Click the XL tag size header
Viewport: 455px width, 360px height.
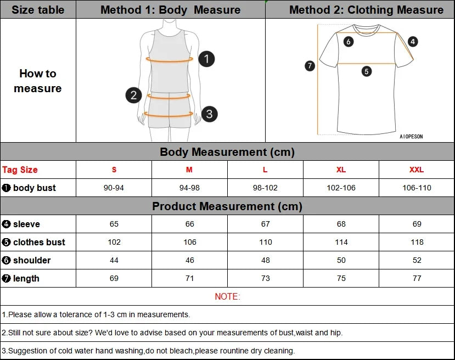pos(341,170)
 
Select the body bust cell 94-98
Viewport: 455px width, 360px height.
pos(189,188)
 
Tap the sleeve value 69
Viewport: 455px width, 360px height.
pos(417,224)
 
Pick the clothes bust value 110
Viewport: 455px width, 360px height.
pos(265,242)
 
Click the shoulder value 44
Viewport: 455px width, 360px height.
pos(114,260)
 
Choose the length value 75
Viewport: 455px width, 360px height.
pos(341,278)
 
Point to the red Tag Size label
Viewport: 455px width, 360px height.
pos(20,170)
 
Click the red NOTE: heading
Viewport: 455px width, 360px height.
pos(227,297)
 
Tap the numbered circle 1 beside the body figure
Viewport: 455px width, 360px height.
pos(206,59)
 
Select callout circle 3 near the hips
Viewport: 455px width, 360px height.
pos(209,114)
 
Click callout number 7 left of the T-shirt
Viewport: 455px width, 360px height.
pos(310,66)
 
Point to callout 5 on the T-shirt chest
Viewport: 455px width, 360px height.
pos(367,71)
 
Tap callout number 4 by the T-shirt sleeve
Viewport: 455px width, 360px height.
pos(413,41)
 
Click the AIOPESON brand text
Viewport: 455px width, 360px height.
pos(411,137)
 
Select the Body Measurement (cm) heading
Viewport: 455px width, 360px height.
pos(227,152)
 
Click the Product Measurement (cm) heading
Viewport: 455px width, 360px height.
pos(227,206)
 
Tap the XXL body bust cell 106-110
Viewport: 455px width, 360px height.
pos(417,188)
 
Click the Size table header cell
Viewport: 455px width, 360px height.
pos(38,10)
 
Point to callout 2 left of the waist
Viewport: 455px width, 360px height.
pos(133,95)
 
